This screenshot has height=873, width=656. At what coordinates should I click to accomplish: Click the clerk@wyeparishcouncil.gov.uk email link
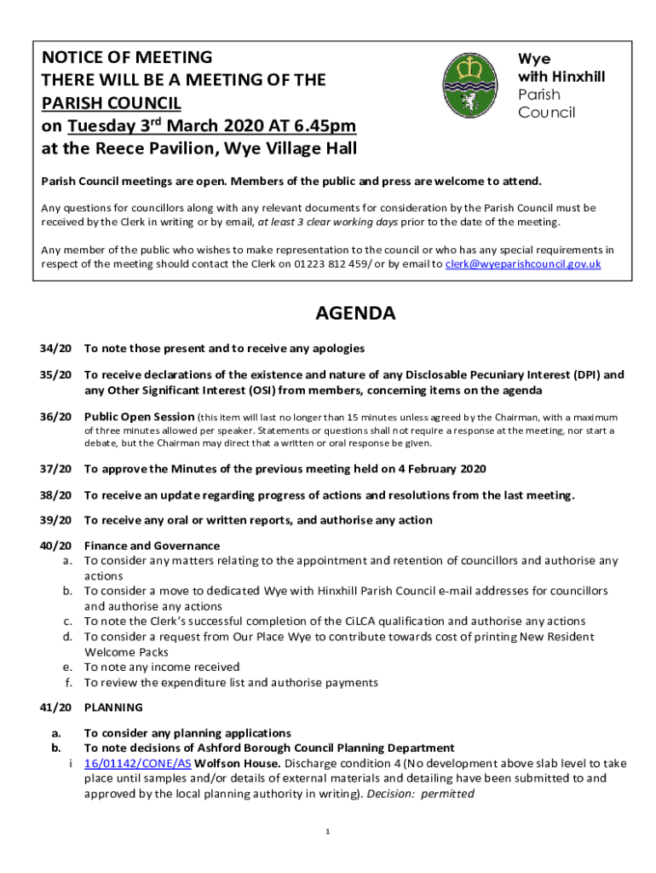click(x=523, y=264)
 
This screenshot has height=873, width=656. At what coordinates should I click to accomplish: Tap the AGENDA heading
click(x=355, y=314)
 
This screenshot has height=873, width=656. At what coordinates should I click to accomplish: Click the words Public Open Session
click(x=139, y=417)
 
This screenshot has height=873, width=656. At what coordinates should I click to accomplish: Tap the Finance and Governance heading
click(x=152, y=546)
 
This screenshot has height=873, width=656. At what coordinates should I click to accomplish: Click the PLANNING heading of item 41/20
click(x=113, y=707)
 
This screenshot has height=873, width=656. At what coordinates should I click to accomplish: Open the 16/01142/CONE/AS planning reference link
click(x=137, y=763)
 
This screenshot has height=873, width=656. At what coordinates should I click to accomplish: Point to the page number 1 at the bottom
click(x=327, y=831)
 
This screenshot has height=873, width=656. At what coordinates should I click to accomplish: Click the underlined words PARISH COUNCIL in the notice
click(x=111, y=103)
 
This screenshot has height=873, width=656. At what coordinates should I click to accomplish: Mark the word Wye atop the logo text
click(x=534, y=59)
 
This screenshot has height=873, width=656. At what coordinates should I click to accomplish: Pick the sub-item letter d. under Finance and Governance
click(x=66, y=636)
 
